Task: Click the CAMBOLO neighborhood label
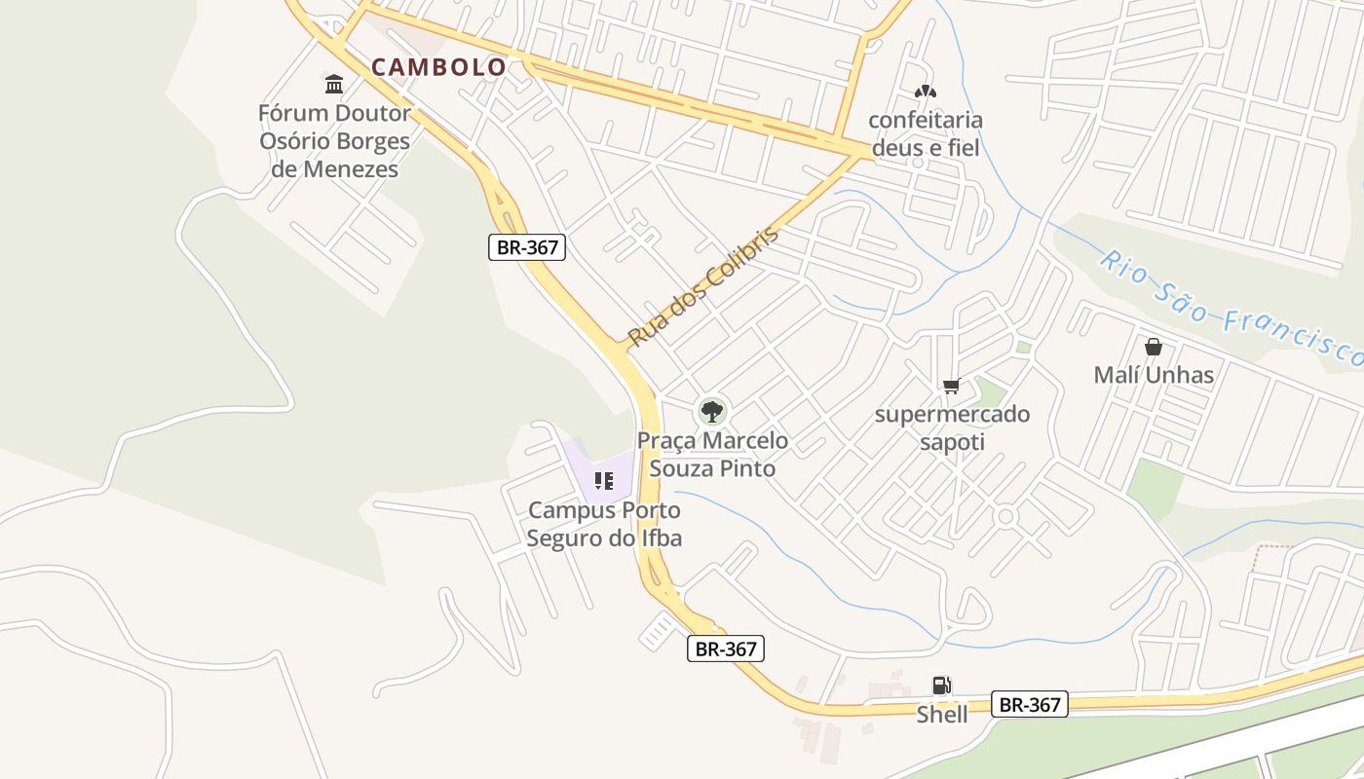(x=438, y=67)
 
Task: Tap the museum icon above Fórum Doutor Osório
(x=334, y=84)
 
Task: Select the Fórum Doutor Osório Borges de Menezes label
(x=334, y=141)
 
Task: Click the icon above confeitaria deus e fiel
(x=925, y=92)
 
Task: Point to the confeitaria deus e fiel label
(x=925, y=134)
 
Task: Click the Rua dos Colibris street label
(x=703, y=286)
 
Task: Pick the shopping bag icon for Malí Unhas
(x=1154, y=347)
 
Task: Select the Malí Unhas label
(x=1154, y=375)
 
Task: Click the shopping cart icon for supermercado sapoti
(x=952, y=387)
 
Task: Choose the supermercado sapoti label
(x=952, y=427)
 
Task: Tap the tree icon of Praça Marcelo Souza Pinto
(x=712, y=411)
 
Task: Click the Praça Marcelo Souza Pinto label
(x=712, y=455)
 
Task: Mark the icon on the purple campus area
(x=604, y=480)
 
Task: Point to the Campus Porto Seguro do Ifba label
(x=604, y=524)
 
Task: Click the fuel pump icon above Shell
(x=941, y=686)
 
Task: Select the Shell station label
(x=942, y=715)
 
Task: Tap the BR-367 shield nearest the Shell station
(x=1030, y=704)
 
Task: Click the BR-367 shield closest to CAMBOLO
(x=527, y=247)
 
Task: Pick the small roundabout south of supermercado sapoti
(x=1006, y=515)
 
